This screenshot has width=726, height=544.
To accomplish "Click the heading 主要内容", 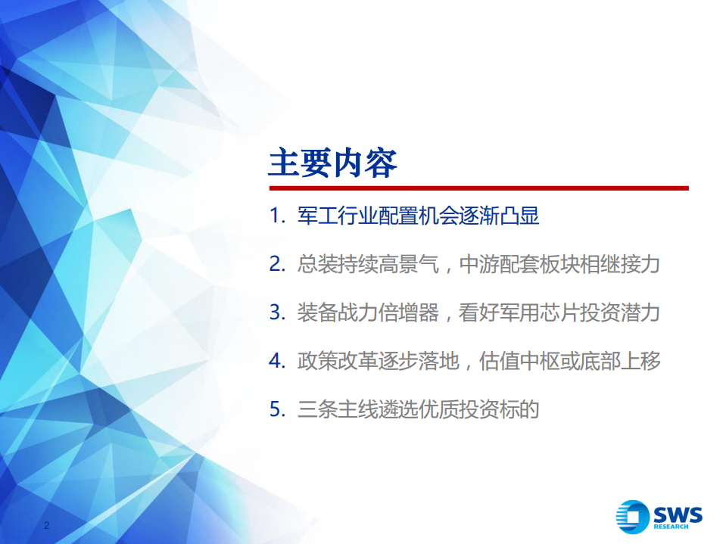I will [x=332, y=163].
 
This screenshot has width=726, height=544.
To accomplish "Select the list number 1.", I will [x=275, y=217].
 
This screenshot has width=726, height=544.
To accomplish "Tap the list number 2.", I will [x=276, y=265].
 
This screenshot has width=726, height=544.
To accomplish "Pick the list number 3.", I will [x=276, y=313].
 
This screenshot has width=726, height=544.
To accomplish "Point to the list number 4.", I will [x=276, y=361].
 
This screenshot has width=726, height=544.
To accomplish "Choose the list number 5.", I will [x=276, y=409].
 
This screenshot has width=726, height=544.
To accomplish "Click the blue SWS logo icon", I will [x=633, y=517].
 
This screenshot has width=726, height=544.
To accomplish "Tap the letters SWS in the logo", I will [x=677, y=514].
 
